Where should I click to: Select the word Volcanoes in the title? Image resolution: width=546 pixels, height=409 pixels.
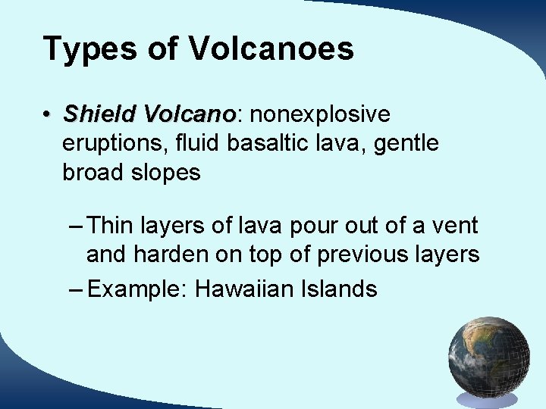click(x=271, y=49)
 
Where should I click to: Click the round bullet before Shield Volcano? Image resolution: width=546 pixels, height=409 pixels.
click(x=47, y=115)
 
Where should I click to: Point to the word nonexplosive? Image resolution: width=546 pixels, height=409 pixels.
click(x=320, y=114)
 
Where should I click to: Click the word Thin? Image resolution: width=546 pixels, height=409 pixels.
click(x=111, y=225)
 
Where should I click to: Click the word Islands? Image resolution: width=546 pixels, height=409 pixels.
click(x=341, y=289)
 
